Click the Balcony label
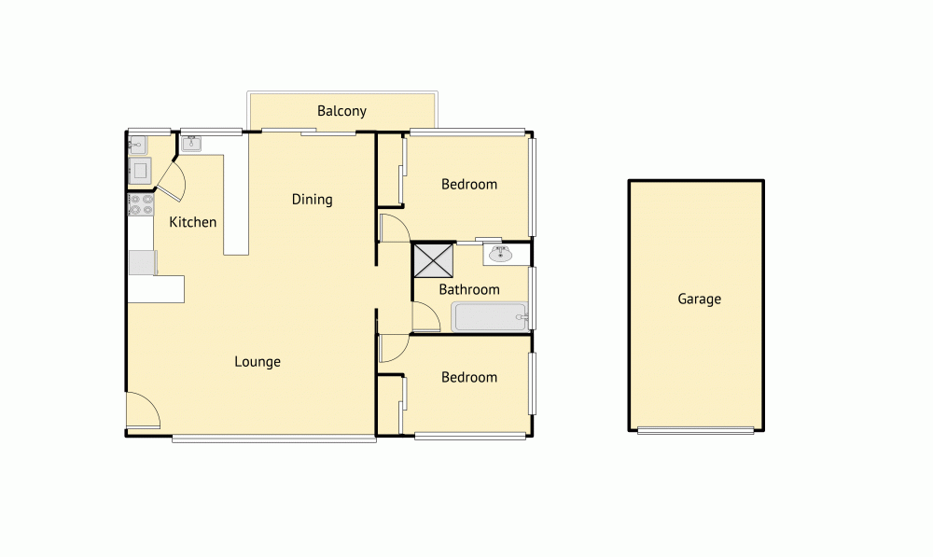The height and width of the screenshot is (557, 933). [x=341, y=111]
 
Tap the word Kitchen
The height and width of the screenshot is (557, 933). [x=192, y=222]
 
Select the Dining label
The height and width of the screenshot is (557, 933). [x=312, y=199]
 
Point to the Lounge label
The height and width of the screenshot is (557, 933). [x=258, y=362]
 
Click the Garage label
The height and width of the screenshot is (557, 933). [x=699, y=299]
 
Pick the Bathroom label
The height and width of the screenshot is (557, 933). [x=469, y=289]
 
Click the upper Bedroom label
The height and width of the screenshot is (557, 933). [x=469, y=184]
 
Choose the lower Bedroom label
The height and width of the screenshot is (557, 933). [x=469, y=377]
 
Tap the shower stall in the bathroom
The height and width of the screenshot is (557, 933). [x=433, y=260]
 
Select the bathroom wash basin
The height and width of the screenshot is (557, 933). [x=498, y=253]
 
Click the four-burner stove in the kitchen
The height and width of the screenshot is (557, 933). [x=141, y=205]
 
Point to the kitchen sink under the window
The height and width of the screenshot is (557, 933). [x=191, y=144]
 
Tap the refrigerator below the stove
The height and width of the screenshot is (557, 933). [x=142, y=262]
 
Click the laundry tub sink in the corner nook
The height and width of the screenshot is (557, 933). [x=137, y=145]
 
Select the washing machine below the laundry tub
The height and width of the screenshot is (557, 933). [x=139, y=170]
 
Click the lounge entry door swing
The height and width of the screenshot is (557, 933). [x=142, y=411]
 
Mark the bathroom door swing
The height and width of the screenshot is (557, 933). [x=425, y=319]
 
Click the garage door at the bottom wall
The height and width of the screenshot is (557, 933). [x=696, y=430]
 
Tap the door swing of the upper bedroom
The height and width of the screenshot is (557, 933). [x=393, y=228]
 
